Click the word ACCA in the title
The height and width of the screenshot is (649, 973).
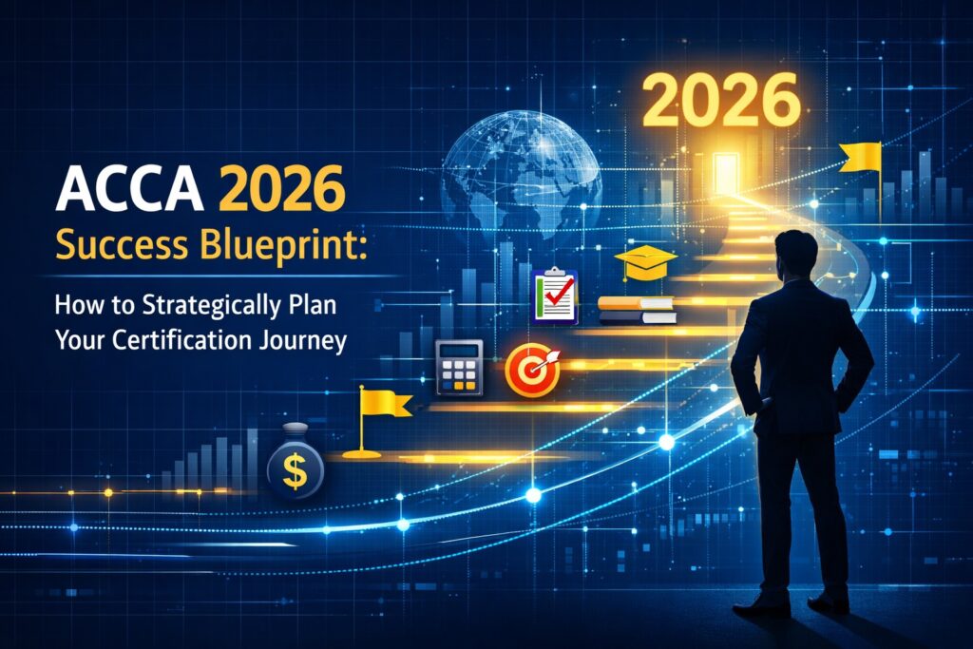pos(129,188)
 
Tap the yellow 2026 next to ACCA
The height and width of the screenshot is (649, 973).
pos(281,189)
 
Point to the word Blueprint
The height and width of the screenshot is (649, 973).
pos(283,247)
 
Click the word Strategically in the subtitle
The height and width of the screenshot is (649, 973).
pos(212,306)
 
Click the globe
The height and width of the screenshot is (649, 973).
pos(522,175)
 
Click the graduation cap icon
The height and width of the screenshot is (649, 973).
pos(645,262)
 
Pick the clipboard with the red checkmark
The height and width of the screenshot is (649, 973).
pos(555,296)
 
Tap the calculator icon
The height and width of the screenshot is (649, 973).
pos(459,368)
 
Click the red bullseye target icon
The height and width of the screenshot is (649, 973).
pos(533,371)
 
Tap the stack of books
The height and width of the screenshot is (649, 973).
pos(637,310)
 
